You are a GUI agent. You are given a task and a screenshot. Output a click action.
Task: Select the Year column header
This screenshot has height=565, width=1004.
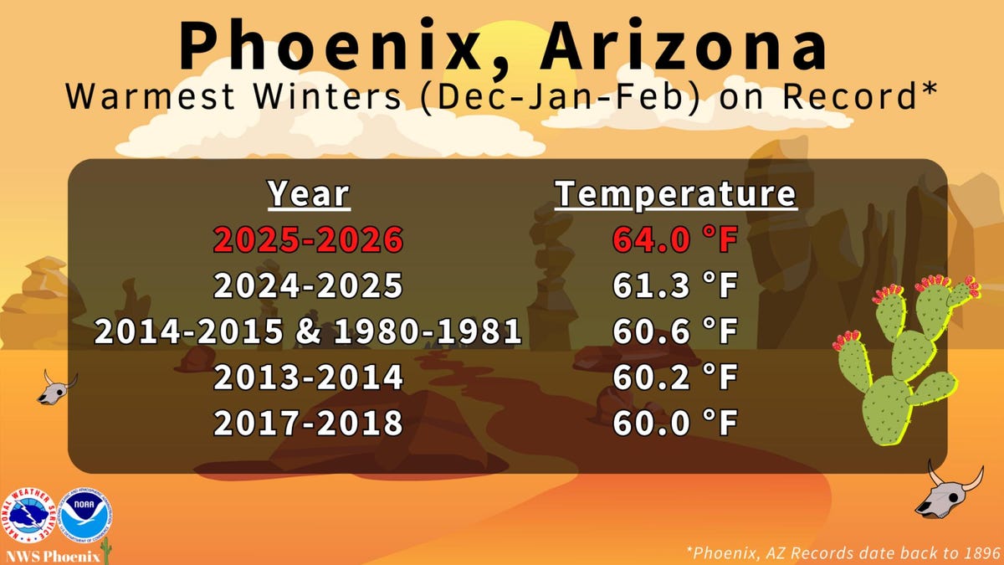click(309, 194)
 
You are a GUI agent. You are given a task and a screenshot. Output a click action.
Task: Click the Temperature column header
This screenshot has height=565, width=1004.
click(675, 194)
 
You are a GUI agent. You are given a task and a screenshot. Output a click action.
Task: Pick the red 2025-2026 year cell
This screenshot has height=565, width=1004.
click(309, 240)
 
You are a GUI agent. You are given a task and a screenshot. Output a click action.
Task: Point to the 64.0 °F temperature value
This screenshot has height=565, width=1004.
click(675, 240)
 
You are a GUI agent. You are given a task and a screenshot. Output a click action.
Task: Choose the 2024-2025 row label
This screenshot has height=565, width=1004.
click(309, 285)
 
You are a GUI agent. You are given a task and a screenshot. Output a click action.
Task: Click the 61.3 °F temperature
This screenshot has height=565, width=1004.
click(675, 285)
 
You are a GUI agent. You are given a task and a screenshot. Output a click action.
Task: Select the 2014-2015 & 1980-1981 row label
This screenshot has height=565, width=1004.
click(309, 331)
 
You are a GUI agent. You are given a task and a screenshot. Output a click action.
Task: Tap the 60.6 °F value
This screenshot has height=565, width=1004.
click(675, 331)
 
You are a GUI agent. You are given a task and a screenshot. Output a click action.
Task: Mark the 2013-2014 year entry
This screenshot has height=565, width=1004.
click(309, 378)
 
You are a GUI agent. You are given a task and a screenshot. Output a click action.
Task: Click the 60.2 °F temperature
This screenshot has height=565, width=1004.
click(675, 378)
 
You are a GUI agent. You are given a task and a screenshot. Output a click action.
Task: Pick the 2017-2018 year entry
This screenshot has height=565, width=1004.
click(309, 424)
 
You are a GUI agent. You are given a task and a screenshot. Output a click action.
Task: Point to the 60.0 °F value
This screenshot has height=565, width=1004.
click(675, 424)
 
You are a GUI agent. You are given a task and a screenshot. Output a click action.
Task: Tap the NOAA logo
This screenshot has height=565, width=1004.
click(85, 516)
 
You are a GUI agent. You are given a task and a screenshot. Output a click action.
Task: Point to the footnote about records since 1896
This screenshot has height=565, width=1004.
click(843, 553)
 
